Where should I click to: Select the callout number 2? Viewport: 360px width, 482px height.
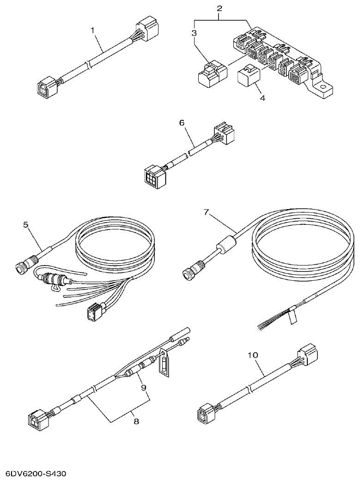pyautogui.click(x=220, y=8)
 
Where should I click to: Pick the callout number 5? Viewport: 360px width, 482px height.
pyautogui.click(x=26, y=225)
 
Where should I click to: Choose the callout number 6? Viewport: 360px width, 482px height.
pyautogui.click(x=182, y=123)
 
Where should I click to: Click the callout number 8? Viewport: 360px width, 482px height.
pyautogui.click(x=135, y=421)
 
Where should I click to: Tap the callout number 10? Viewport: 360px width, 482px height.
pyautogui.click(x=253, y=355)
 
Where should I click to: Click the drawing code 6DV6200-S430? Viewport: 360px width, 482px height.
pyautogui.click(x=36, y=474)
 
